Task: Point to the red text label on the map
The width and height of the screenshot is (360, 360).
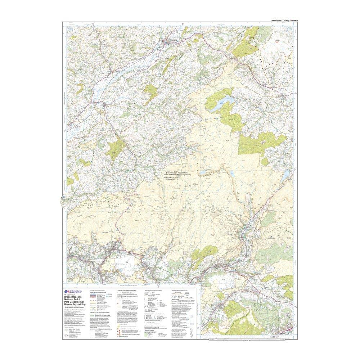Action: point(277,41)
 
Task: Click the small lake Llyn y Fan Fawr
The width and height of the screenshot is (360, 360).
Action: point(233,174)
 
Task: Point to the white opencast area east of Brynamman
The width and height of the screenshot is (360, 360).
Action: point(128,259)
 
